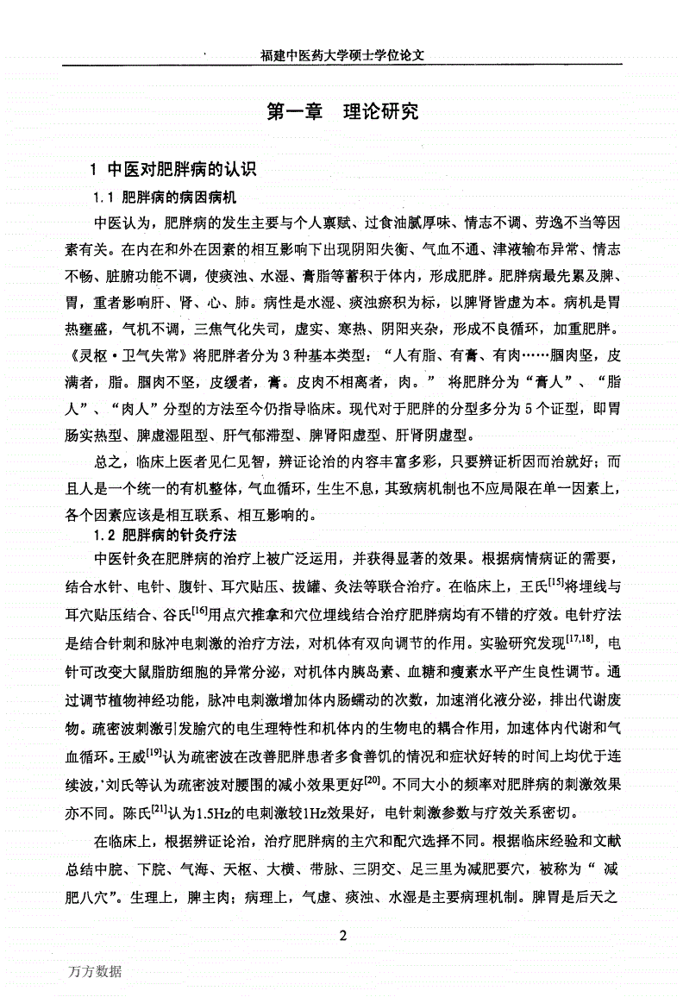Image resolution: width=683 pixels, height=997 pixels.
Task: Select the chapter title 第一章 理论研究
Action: click(x=343, y=111)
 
